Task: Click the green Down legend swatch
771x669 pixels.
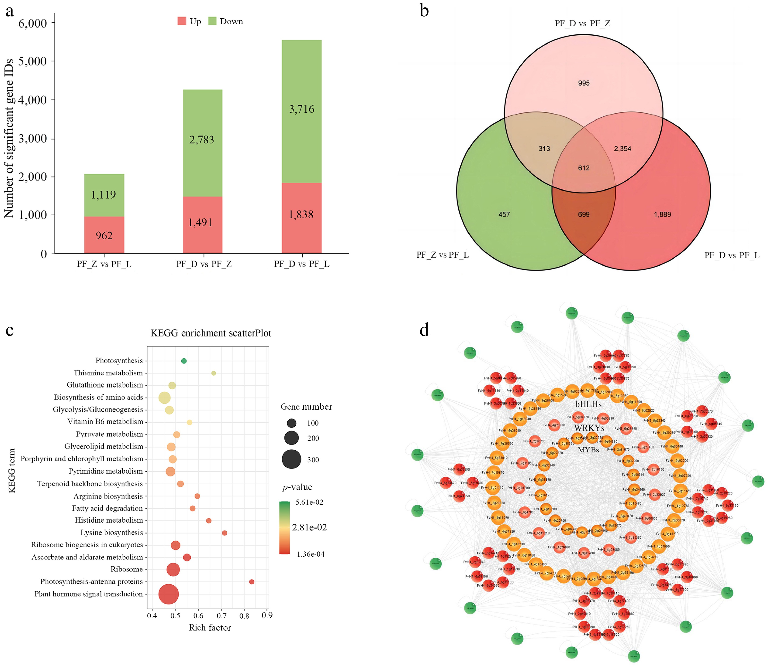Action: [x=212, y=21]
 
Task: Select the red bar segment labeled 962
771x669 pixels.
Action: [x=104, y=235]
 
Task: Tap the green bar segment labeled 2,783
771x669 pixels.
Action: [x=202, y=140]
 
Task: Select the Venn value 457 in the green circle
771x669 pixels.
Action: [x=504, y=214]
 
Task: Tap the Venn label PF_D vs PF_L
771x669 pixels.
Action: [x=731, y=255]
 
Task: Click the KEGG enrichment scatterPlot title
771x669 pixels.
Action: [x=211, y=333]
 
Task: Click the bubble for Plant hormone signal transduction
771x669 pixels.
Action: [x=169, y=594]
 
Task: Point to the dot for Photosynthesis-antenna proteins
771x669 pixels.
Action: [x=252, y=582]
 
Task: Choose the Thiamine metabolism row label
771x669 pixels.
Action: [x=108, y=373]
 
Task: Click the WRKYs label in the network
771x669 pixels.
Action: [x=589, y=428]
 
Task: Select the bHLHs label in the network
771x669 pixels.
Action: [x=588, y=404]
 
